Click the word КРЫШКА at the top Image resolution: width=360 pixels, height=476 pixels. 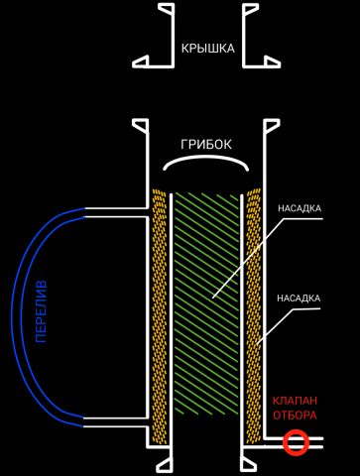(x=207, y=48)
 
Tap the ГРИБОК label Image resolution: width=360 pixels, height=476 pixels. (x=206, y=145)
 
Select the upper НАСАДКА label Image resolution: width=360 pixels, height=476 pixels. (x=299, y=208)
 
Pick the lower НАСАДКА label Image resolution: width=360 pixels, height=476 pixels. (x=299, y=297)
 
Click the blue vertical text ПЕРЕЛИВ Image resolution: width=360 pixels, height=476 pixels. (x=42, y=311)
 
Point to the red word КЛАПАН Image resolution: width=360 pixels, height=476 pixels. (x=295, y=401)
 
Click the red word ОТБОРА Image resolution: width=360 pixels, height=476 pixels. (x=295, y=416)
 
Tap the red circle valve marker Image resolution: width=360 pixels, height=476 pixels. (x=296, y=442)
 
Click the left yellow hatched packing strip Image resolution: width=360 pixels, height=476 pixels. (x=159, y=317)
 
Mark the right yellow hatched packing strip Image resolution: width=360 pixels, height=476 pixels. (x=254, y=317)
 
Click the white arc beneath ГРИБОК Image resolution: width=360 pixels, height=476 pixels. (x=206, y=164)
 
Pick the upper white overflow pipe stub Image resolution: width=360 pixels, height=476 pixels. (x=114, y=212)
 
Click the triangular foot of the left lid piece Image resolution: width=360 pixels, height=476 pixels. (x=141, y=61)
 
